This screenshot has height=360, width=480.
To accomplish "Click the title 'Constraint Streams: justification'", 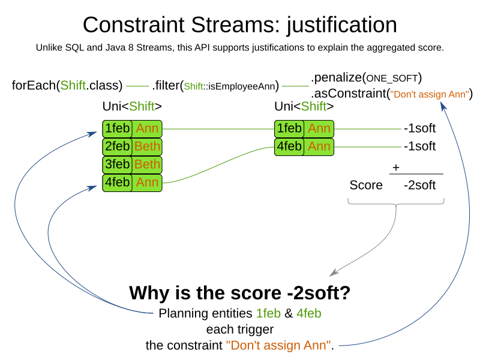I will click(240, 25).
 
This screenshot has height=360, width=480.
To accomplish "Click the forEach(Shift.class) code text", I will click(67, 85).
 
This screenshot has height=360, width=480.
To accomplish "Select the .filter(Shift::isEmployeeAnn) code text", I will click(215, 86).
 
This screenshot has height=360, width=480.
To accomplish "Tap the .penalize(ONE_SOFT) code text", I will click(366, 77).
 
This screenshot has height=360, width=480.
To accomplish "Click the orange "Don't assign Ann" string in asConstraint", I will click(429, 94).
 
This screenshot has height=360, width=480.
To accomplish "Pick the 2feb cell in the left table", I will click(118, 146).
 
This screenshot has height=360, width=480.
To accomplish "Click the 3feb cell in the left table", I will click(118, 164).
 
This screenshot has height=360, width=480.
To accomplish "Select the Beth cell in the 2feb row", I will click(147, 146).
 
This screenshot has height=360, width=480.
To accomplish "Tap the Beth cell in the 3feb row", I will click(147, 164).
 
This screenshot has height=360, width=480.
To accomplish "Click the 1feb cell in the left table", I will click(118, 128).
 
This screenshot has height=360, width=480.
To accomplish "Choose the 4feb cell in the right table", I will click(289, 146).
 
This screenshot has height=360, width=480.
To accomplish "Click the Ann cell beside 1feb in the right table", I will click(319, 128).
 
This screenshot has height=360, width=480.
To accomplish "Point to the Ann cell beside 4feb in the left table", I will click(147, 182).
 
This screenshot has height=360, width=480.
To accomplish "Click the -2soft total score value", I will click(419, 185).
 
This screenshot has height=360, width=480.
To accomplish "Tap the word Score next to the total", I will click(366, 185).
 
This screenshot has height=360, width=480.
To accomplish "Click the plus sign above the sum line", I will click(396, 168).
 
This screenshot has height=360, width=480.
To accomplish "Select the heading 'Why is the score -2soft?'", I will click(240, 293).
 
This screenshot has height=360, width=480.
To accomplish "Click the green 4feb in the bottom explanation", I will click(309, 313).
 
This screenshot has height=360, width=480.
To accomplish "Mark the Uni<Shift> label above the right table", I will click(304, 107).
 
